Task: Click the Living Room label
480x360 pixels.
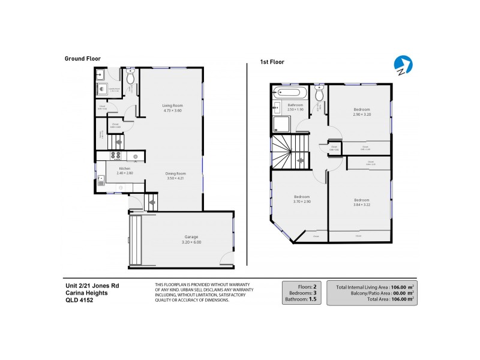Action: (172, 106)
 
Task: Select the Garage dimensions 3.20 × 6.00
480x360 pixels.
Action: (191, 242)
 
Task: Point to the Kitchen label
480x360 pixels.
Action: (125, 169)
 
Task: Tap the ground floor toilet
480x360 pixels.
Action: (130, 78)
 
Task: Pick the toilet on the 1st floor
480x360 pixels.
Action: (319, 94)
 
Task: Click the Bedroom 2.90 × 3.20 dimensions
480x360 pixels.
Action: (361, 115)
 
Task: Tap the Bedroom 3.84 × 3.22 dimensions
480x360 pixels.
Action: (361, 205)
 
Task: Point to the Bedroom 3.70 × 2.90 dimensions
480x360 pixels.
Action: (301, 202)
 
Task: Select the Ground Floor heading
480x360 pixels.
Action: (83, 58)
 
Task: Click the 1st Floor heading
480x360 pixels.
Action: (272, 62)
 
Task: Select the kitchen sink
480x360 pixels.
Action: (101, 178)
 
